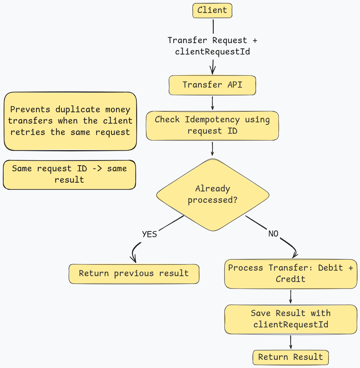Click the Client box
[212, 11]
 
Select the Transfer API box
[212, 85]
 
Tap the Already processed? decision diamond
[213, 195]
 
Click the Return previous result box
[134, 274]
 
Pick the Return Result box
[291, 357]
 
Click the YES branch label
[149, 234]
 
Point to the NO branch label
[273, 234]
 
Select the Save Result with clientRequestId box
[291, 319]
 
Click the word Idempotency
[212, 120]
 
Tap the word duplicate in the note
[78, 110]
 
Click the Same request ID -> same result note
[69, 175]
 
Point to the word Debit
[330, 268]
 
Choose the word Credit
[291, 279]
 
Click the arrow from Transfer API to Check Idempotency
[212, 103]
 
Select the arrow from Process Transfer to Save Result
[291, 297]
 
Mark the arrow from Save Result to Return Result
[291, 342]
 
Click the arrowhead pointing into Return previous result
[133, 259]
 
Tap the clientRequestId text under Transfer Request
[212, 52]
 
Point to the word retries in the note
[28, 132]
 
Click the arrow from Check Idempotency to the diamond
[212, 149]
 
